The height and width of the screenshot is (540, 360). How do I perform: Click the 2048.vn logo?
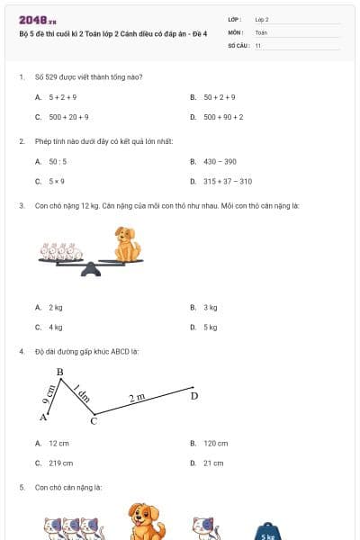click(x=37, y=20)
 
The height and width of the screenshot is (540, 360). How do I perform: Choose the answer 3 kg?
click(x=211, y=307)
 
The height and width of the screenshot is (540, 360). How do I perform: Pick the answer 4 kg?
click(x=56, y=328)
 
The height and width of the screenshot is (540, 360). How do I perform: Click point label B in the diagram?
click(x=60, y=372)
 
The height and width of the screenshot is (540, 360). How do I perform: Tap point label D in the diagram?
click(x=193, y=396)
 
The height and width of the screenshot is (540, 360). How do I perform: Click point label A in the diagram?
click(x=42, y=417)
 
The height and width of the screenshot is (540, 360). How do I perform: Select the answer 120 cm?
click(x=215, y=443)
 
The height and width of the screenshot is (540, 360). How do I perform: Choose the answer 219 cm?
click(x=60, y=463)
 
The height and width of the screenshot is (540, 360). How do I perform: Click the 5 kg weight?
click(x=268, y=530)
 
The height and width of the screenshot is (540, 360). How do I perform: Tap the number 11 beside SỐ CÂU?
click(x=258, y=44)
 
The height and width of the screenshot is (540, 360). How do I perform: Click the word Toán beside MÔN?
click(x=261, y=31)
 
